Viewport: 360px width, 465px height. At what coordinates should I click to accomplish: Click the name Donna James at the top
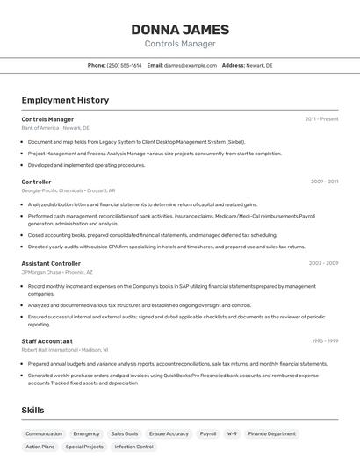(x=180, y=30)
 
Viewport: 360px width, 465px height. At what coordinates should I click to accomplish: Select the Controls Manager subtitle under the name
(x=180, y=44)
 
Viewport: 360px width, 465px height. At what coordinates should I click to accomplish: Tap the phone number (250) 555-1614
(x=124, y=65)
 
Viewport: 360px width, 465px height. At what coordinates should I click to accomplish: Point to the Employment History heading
(x=65, y=100)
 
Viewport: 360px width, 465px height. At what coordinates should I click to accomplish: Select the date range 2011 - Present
(x=321, y=118)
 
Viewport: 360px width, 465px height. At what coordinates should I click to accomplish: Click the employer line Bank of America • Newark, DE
(x=55, y=128)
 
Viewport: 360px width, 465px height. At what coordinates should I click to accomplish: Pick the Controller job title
(x=37, y=182)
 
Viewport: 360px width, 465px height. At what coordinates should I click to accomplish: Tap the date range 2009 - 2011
(x=324, y=182)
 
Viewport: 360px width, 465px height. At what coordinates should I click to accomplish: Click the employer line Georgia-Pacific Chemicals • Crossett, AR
(x=68, y=190)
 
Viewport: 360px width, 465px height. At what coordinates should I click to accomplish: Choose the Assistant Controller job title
(x=51, y=263)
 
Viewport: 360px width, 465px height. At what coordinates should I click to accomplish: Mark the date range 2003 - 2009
(x=323, y=263)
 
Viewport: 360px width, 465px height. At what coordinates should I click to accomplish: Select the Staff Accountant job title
(x=47, y=340)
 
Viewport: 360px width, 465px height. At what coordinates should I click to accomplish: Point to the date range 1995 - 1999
(x=325, y=340)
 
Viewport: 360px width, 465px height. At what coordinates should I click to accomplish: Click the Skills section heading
(x=32, y=410)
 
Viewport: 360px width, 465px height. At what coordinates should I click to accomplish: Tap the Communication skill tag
(x=44, y=433)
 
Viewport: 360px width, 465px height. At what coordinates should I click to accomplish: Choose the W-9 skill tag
(x=232, y=433)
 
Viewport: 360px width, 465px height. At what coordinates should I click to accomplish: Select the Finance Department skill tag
(x=271, y=433)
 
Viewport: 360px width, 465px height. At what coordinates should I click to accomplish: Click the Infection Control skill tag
(x=133, y=447)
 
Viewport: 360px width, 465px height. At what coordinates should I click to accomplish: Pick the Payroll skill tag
(x=207, y=433)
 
